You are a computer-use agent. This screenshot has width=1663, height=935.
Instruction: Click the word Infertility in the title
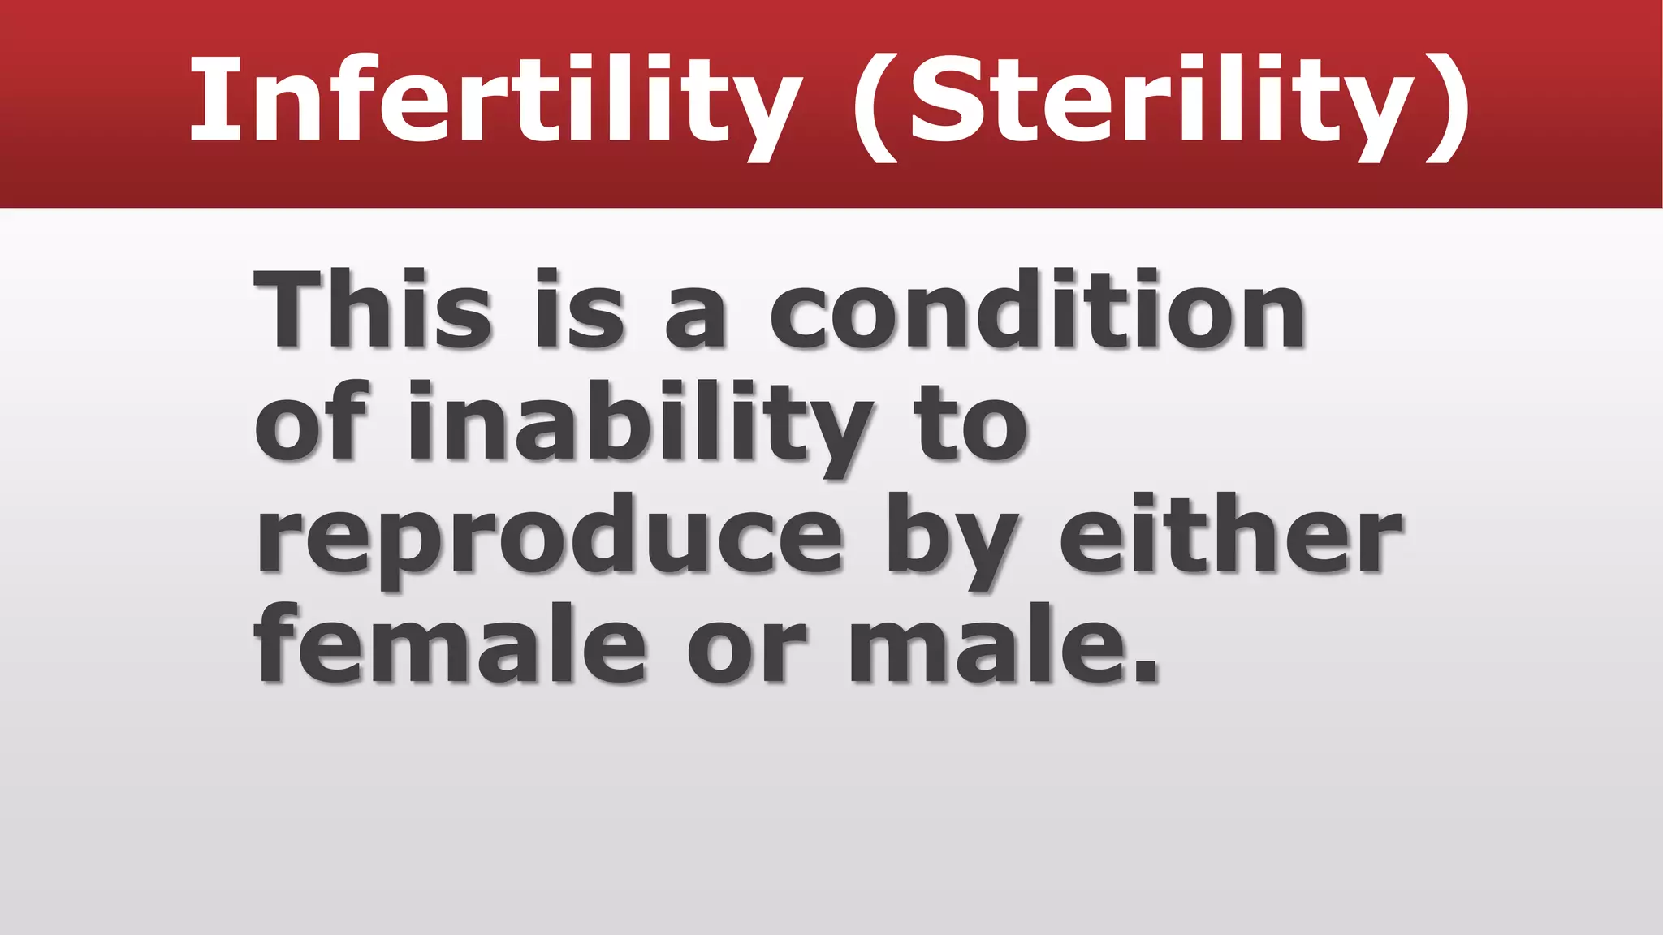495,101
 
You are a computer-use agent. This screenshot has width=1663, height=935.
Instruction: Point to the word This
373,309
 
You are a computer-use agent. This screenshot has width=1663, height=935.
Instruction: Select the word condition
1036,309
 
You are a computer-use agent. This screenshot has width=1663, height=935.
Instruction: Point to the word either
1230,532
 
